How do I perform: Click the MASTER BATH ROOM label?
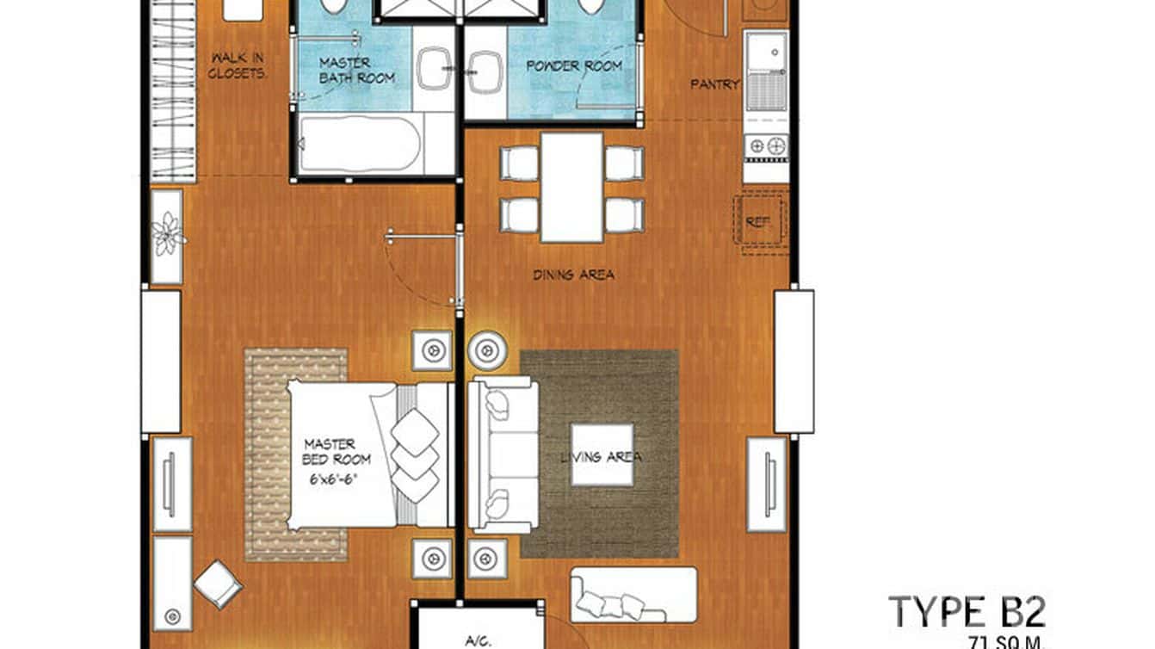pyautogui.click(x=356, y=70)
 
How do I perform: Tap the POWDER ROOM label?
pyautogui.click(x=574, y=65)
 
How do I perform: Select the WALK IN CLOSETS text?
pyautogui.click(x=238, y=65)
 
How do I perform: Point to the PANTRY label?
pyautogui.click(x=714, y=84)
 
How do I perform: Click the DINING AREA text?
pyautogui.click(x=573, y=275)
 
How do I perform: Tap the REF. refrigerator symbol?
pyautogui.click(x=758, y=222)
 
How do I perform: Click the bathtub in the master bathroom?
pyautogui.click(x=360, y=145)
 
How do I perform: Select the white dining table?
pyautogui.click(x=572, y=187)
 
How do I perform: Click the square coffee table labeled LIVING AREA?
pyautogui.click(x=602, y=455)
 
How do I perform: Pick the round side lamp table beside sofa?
pyautogui.click(x=486, y=350)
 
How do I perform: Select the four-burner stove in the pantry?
pyautogui.click(x=766, y=146)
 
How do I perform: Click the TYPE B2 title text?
pyautogui.click(x=967, y=612)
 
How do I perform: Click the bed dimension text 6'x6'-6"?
pyautogui.click(x=330, y=480)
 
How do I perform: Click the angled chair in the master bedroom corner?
pyautogui.click(x=218, y=584)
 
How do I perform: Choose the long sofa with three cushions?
pyautogui.click(x=633, y=594)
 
